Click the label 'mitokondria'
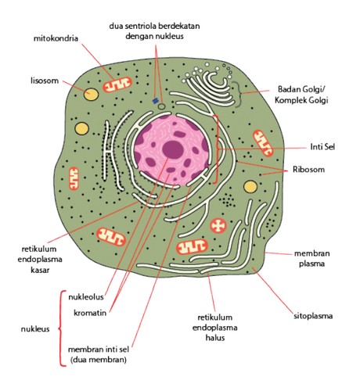pos(56,38)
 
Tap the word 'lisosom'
pos(45,81)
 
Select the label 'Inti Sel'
pos(322,147)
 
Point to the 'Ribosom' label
pos(308,170)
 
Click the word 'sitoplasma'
pos(313,316)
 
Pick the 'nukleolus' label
pos(86,297)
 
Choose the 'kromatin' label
pos(90,313)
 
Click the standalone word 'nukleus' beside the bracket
pos(35,329)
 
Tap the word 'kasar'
pos(40,270)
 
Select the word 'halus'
pos(215,338)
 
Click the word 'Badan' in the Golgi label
pos(288,89)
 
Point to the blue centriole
pos(155,101)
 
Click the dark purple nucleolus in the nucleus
pos(173,149)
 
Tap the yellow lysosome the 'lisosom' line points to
pos(91,94)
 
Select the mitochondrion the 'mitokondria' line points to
pos(117,84)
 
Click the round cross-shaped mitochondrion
pos(218,226)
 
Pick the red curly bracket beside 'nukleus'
pos(62,328)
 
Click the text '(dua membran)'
pos(99,360)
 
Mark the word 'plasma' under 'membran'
pos(311,264)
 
